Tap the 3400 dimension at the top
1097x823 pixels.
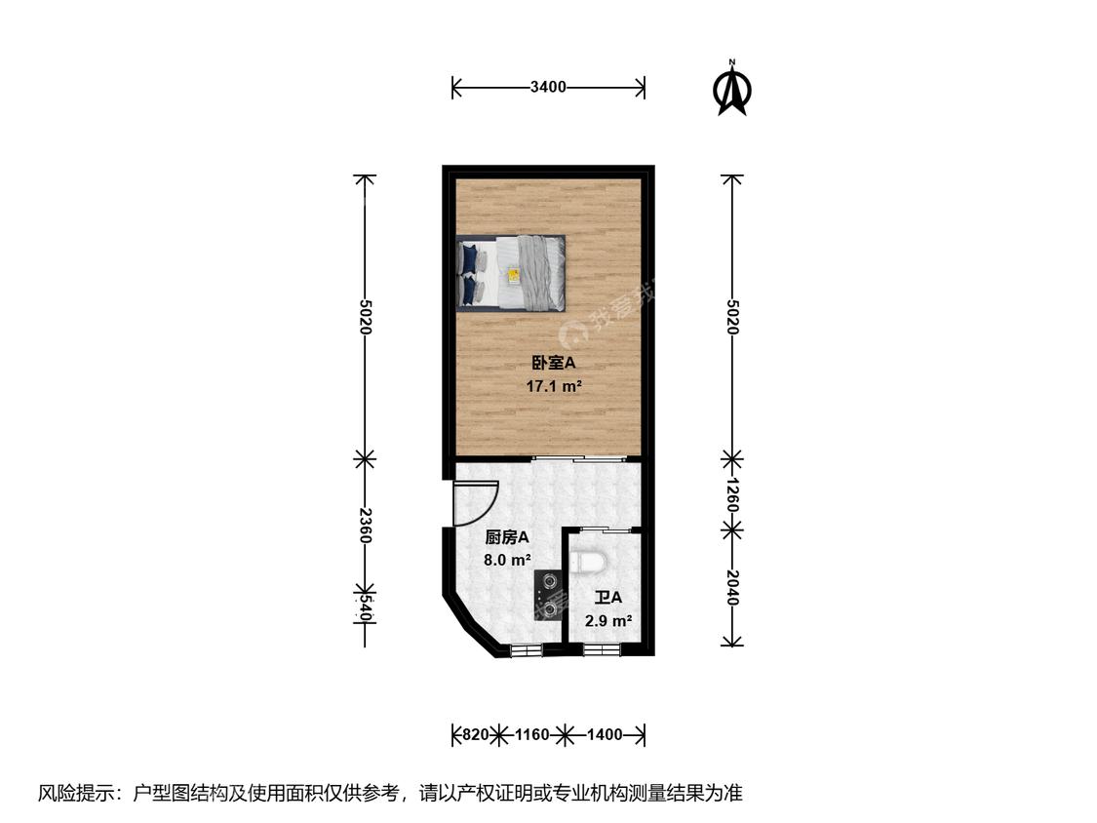[x=548, y=88]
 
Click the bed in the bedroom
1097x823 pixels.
[x=512, y=273]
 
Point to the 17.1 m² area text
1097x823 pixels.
[x=554, y=386]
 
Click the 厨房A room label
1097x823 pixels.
[x=507, y=537]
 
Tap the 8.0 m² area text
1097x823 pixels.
[x=507, y=561]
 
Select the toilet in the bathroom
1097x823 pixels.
[x=591, y=562]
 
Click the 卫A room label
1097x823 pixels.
[x=608, y=598]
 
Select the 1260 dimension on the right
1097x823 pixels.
[x=732, y=493]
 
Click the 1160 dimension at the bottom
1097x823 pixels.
[x=532, y=734]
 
